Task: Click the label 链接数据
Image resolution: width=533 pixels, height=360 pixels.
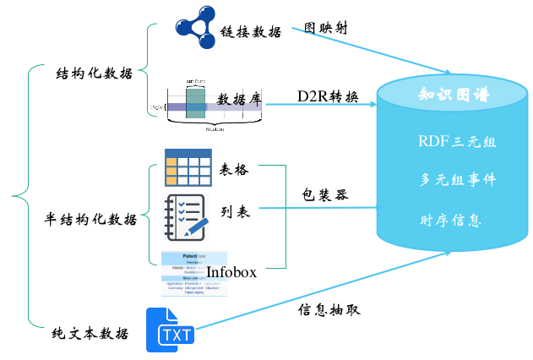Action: click(251, 31)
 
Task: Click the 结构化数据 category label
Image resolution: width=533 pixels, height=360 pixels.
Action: click(93, 73)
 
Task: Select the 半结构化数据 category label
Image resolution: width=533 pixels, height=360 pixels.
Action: click(90, 220)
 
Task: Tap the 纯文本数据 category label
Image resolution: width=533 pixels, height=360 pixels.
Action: click(90, 333)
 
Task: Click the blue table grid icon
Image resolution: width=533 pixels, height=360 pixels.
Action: click(188, 168)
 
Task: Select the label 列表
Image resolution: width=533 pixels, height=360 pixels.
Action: click(236, 212)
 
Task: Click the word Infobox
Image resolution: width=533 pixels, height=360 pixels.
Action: click(231, 272)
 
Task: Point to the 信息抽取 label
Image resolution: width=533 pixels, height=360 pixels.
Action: click(329, 309)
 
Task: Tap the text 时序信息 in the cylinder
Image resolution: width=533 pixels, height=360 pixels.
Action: click(450, 221)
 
